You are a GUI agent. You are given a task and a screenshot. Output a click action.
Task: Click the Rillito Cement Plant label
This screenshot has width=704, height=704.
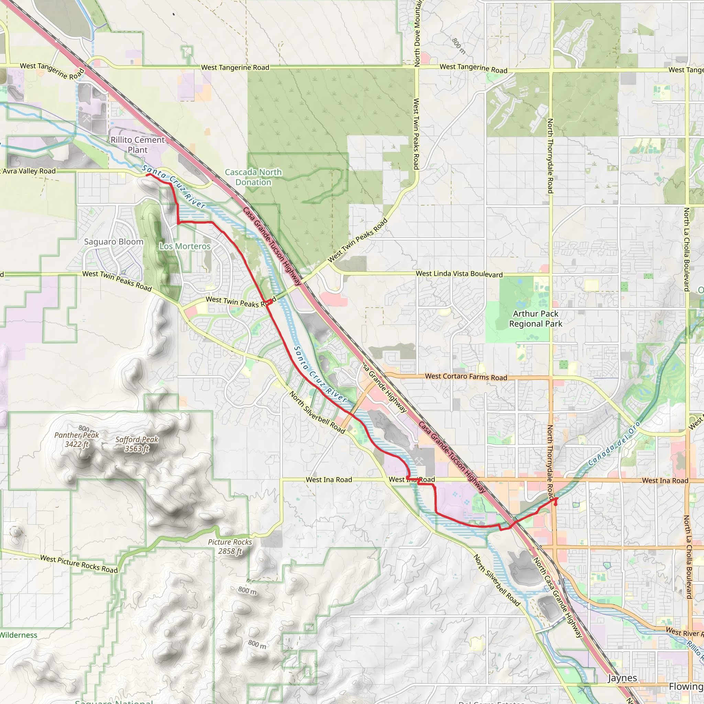[137, 145]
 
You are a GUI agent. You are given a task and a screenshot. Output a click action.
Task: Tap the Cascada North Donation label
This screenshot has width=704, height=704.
[253, 177]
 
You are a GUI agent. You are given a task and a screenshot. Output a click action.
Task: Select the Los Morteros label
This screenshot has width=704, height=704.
[185, 246]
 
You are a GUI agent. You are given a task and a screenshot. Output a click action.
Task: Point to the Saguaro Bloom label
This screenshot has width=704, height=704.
[114, 242]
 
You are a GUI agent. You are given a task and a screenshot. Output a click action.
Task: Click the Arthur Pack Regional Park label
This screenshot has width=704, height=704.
[535, 318]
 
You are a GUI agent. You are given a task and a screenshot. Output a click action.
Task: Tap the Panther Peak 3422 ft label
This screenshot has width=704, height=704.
[77, 439]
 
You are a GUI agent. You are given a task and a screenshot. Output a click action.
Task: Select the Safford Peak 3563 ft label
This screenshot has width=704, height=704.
[137, 444]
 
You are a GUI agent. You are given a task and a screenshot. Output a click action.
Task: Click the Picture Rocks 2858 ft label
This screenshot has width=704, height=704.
[230, 547]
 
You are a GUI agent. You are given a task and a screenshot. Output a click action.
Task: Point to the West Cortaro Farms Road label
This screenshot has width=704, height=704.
[466, 376]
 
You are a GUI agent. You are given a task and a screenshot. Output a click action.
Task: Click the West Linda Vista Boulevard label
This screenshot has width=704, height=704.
[459, 274]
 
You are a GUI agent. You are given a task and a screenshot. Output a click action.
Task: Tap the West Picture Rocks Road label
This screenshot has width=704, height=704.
[79, 564]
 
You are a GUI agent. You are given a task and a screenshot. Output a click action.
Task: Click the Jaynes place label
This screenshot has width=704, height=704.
[623, 678]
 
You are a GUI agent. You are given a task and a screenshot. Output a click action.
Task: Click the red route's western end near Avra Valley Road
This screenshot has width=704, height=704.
[147, 175]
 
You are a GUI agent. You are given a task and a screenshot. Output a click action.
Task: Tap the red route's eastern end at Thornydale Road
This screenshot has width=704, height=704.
[555, 505]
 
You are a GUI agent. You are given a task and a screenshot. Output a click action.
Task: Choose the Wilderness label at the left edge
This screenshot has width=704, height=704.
[18, 635]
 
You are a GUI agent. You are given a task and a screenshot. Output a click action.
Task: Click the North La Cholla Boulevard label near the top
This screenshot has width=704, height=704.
[686, 250]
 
